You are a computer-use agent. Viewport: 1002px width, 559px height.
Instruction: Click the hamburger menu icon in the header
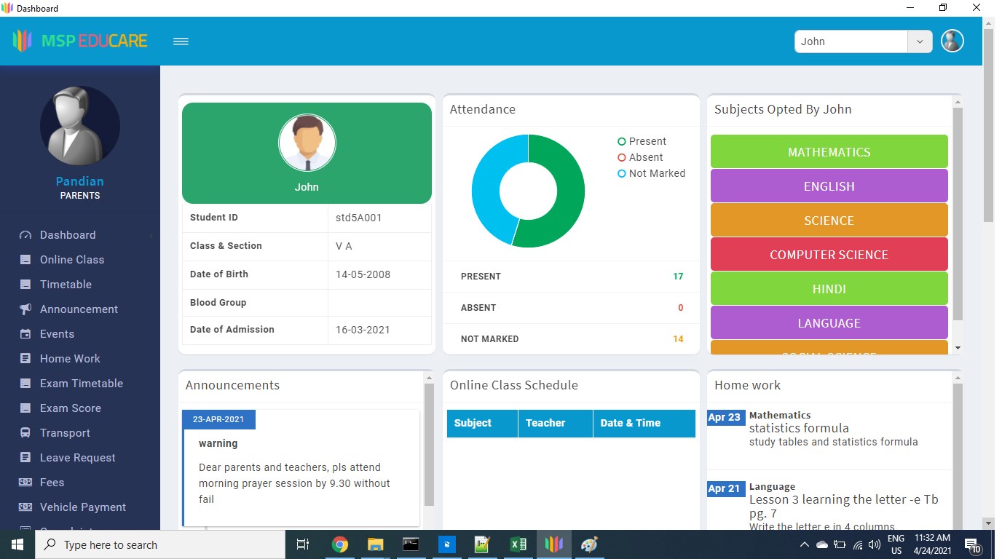[181, 41]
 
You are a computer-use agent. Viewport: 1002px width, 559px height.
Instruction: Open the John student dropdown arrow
[920, 41]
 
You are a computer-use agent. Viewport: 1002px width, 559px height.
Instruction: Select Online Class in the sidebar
[71, 260]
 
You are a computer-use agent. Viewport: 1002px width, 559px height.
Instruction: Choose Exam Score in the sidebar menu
[70, 408]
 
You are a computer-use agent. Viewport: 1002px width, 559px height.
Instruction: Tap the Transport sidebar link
[65, 433]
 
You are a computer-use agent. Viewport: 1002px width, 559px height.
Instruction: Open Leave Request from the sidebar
[77, 458]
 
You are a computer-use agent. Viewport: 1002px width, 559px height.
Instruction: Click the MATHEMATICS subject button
[829, 152]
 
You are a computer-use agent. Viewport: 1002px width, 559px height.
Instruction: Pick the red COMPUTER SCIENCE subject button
[829, 255]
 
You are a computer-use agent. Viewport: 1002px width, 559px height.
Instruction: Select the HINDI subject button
[829, 289]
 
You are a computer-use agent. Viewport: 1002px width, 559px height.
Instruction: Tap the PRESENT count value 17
[678, 277]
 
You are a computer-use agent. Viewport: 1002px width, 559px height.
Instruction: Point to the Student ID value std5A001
[358, 218]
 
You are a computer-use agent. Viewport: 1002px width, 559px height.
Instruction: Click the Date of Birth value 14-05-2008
[363, 274]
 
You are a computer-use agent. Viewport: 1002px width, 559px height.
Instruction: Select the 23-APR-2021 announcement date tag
[218, 419]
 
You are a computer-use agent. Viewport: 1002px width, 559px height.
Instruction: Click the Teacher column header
[545, 423]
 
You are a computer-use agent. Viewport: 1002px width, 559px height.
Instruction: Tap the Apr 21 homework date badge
[725, 489]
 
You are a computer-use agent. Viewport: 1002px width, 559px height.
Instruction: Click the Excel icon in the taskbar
[518, 544]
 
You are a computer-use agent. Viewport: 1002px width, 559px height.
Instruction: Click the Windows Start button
[17, 544]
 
